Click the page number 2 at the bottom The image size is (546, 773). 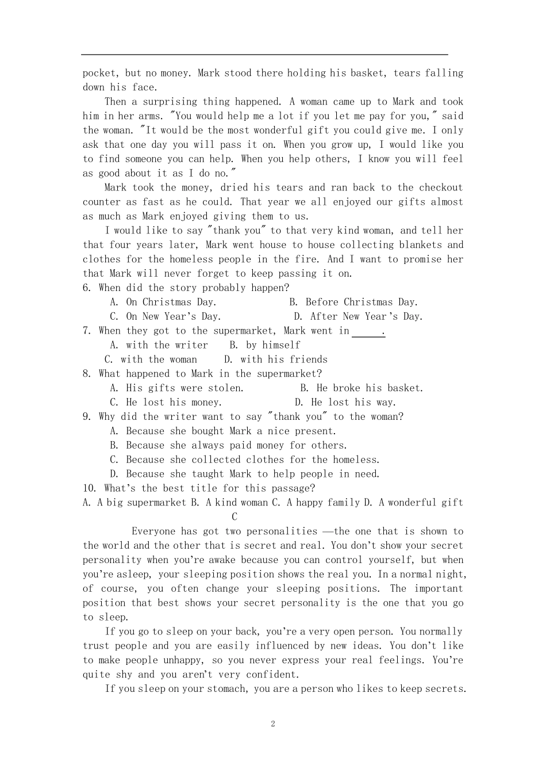tap(273, 724)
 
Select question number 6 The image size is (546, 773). tap(86, 288)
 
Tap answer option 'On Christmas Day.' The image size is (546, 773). tap(171, 302)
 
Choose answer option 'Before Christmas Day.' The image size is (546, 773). tap(362, 302)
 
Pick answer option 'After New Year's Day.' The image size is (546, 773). tap(366, 316)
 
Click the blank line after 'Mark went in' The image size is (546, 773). tap(368, 332)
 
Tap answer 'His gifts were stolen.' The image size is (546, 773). tap(184, 388)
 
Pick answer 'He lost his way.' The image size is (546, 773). tap(353, 403)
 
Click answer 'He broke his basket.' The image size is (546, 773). tap(370, 388)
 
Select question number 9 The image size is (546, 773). tap(86, 416)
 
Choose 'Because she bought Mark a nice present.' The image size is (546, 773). tap(230, 431)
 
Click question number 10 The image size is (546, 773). tap(89, 488)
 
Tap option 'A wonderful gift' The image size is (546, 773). tap(421, 503)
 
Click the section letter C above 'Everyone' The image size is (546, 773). tap(234, 517)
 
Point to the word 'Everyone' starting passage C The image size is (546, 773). tap(153, 531)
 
